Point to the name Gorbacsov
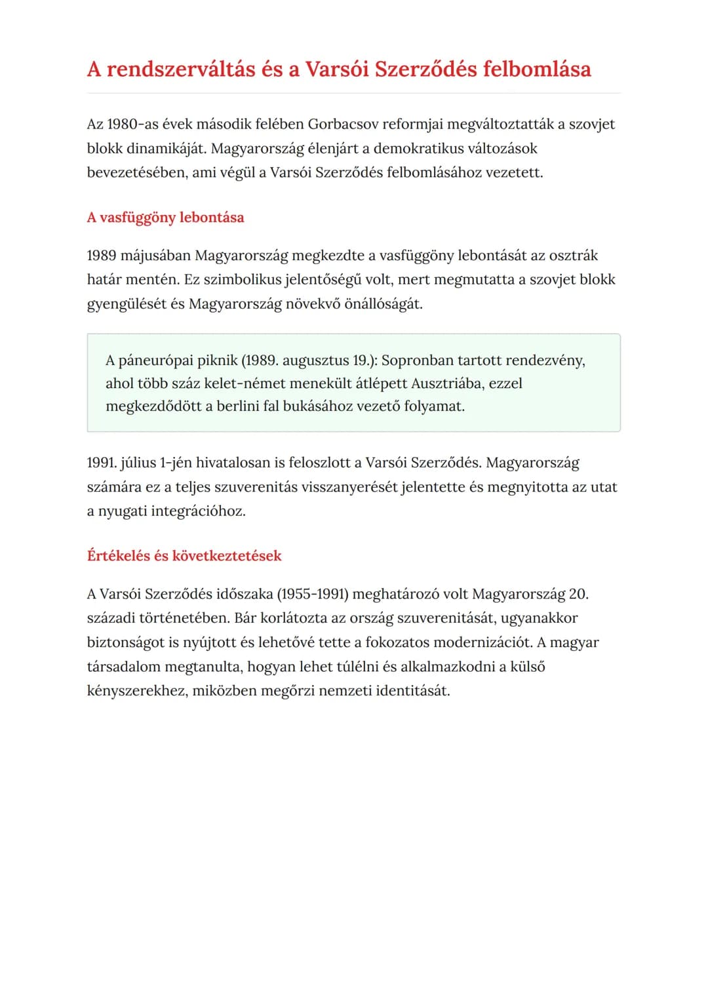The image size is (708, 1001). pyautogui.click(x=343, y=124)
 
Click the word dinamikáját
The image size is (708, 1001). pyautogui.click(x=167, y=148)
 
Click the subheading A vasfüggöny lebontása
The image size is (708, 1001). pyautogui.click(x=165, y=218)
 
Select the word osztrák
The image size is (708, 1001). pyautogui.click(x=574, y=255)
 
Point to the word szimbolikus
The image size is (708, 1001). pyautogui.click(x=243, y=279)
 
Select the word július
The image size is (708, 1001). pyautogui.click(x=138, y=463)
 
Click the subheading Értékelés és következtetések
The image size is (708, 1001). pyautogui.click(x=184, y=556)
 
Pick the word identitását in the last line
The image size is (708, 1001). pyautogui.click(x=413, y=690)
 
